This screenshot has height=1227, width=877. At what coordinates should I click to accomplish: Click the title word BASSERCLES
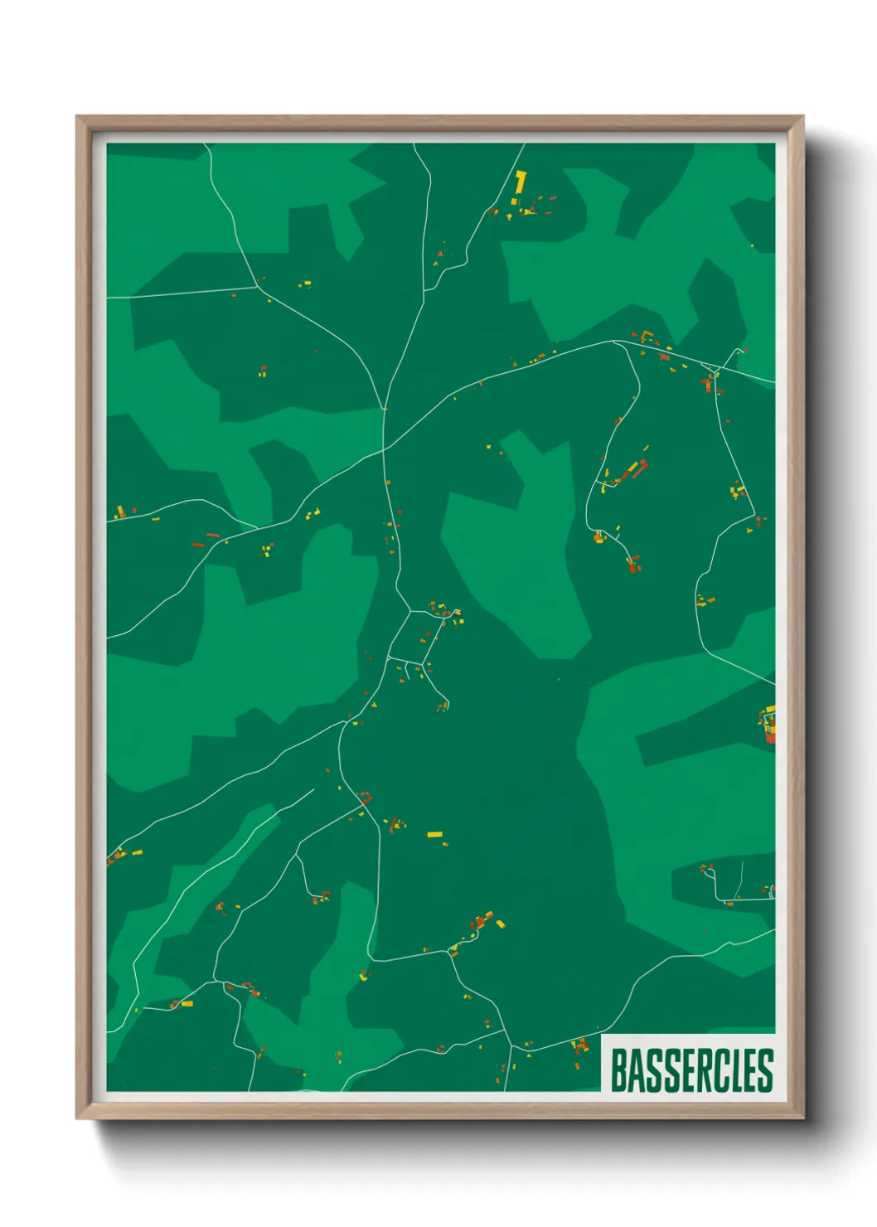(x=691, y=1070)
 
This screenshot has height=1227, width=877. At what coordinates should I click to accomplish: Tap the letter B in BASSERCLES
(x=618, y=1070)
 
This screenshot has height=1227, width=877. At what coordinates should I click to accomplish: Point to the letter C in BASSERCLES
(x=718, y=1070)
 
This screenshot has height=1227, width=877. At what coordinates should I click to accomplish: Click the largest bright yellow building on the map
(x=520, y=182)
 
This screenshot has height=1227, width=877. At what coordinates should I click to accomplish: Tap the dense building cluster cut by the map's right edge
(x=768, y=725)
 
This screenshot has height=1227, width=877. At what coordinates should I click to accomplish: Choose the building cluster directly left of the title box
(x=579, y=1045)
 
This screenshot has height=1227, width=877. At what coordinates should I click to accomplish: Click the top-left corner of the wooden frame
(x=78, y=118)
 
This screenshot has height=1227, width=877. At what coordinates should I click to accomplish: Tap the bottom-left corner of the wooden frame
(x=78, y=1117)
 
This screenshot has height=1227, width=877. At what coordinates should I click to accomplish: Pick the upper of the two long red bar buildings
(x=211, y=535)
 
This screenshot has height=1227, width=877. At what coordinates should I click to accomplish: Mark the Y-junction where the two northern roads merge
(x=385, y=407)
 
